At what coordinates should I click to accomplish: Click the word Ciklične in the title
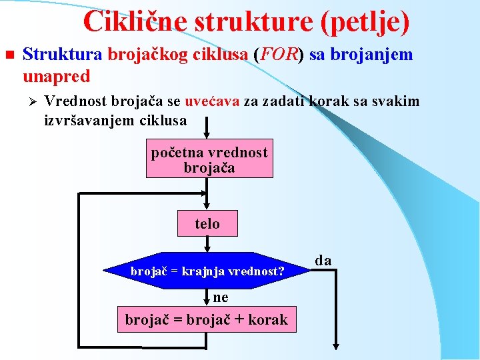135,21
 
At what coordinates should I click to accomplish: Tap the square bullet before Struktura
9,54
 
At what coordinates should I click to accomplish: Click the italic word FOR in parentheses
279,54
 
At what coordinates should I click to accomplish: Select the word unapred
56,76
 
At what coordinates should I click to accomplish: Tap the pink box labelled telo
207,223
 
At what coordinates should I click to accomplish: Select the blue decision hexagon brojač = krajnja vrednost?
207,271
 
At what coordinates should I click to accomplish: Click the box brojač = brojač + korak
207,319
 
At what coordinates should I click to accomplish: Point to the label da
323,260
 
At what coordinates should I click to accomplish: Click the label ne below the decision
221,297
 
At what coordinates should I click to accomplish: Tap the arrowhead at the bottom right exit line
336,346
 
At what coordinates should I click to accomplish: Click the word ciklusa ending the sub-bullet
163,121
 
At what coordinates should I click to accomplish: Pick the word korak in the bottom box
268,320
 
